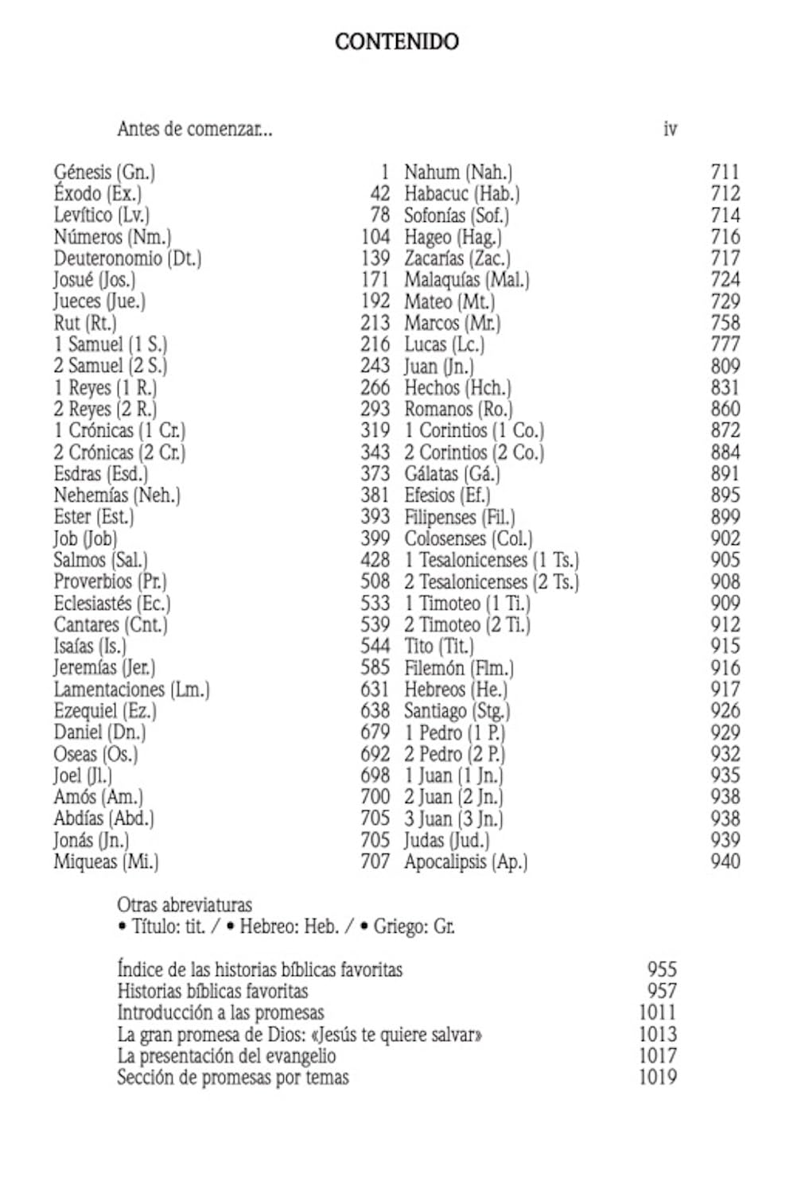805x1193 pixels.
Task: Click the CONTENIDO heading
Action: tap(396, 41)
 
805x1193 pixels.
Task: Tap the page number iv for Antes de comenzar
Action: tap(670, 129)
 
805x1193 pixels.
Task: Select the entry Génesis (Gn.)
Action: tap(104, 172)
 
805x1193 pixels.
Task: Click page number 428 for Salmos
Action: tap(375, 560)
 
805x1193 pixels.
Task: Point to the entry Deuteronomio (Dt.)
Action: tap(127, 258)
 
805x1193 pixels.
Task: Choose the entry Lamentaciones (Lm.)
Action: tap(131, 690)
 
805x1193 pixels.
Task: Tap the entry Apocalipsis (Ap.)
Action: tap(465, 862)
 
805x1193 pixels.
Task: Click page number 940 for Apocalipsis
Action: tap(725, 861)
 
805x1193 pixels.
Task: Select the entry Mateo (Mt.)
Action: tap(449, 301)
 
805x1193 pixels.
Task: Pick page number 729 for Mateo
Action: tap(725, 301)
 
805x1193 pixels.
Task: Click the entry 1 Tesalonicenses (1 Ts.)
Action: tap(491, 560)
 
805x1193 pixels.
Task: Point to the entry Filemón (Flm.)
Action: tap(458, 668)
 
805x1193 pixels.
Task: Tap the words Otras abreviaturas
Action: tap(184, 905)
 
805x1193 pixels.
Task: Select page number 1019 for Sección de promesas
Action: tap(658, 1078)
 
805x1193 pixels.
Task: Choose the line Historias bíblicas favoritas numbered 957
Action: tap(212, 992)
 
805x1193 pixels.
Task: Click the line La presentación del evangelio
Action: tap(226, 1056)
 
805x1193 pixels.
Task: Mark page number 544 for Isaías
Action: tap(375, 646)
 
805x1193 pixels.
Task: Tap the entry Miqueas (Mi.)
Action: tap(106, 862)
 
